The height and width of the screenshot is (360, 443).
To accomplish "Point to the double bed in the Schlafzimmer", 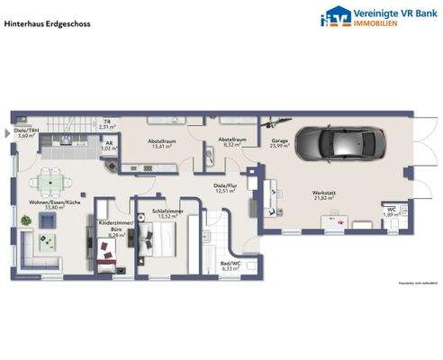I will coord(163,239).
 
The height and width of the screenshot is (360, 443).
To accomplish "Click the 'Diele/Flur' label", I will coord(224,185).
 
